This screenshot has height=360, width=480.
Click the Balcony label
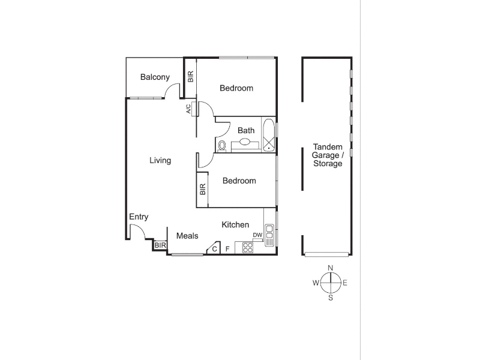click(155, 77)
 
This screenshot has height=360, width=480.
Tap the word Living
click(160, 160)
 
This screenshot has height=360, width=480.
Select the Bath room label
click(246, 130)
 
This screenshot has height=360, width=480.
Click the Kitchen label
click(235, 224)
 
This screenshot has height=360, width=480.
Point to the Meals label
click(187, 236)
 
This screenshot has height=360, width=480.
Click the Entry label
click(139, 217)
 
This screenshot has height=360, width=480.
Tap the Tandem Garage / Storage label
click(328, 155)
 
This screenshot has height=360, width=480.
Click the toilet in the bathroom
click(222, 146)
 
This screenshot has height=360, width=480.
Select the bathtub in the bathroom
click(269, 136)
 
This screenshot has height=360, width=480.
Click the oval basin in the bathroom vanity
click(245, 142)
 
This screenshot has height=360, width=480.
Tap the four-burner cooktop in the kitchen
click(248, 248)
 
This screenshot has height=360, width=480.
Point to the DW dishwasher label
click(257, 235)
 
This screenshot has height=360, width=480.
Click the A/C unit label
click(188, 109)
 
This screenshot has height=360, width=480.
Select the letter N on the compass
click(331, 268)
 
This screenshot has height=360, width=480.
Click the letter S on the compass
click(331, 298)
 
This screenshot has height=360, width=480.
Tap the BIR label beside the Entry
click(160, 245)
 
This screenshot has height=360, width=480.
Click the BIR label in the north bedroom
click(190, 77)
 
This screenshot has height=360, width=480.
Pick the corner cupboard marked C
click(214, 248)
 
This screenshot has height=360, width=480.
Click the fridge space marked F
click(227, 249)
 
